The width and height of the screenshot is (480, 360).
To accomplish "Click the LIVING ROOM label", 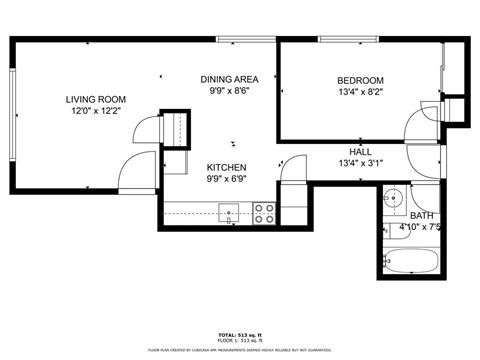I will (x=95, y=99).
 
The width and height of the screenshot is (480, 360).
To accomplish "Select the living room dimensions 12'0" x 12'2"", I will (x=95, y=111).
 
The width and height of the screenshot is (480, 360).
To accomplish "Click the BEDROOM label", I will (x=359, y=80).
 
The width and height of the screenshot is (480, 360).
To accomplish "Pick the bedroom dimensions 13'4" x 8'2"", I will (x=359, y=92).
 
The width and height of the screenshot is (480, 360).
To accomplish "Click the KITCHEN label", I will (x=228, y=168).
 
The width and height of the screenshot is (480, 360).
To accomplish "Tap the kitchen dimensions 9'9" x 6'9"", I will (x=228, y=180).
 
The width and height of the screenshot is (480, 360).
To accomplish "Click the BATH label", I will (x=421, y=216).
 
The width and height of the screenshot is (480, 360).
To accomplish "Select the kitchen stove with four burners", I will (x=265, y=212).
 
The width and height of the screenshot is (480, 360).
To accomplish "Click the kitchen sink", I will (x=229, y=212).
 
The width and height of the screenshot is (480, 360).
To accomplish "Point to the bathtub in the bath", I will (x=411, y=263).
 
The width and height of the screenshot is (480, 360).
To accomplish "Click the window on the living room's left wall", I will (x=13, y=115).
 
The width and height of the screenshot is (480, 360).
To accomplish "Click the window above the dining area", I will (x=246, y=39).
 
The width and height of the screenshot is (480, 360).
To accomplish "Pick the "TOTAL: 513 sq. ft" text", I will (x=240, y=334).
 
